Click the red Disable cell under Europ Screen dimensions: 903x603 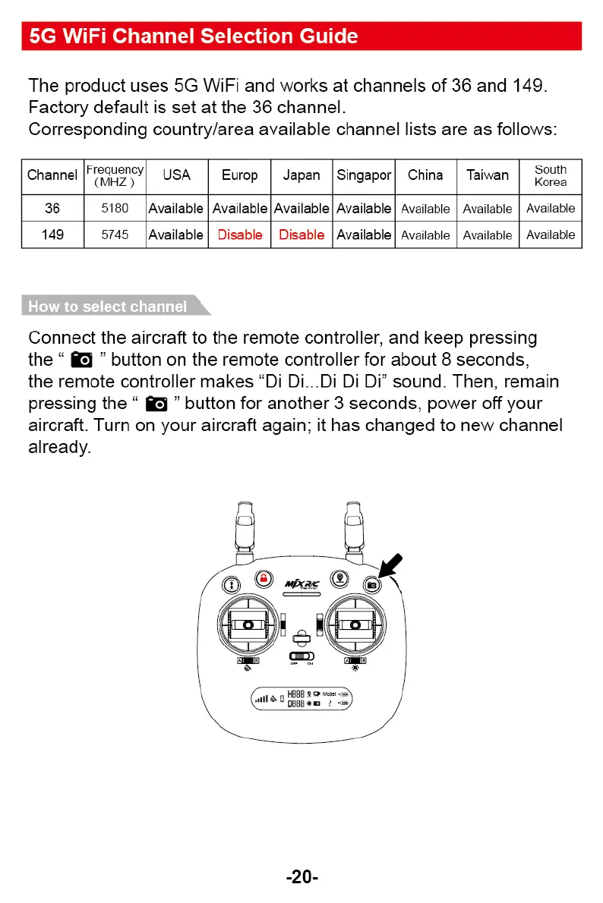[x=239, y=235]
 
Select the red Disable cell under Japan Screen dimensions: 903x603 [x=301, y=235]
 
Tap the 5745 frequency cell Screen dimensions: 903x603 [x=115, y=235]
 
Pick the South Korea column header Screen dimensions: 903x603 [x=551, y=176]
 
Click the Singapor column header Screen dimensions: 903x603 [x=364, y=176]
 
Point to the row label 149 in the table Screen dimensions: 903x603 [x=52, y=235]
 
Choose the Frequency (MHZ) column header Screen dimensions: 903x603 [x=115, y=176]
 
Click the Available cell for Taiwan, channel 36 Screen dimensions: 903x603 [x=488, y=209]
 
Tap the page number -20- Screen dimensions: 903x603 [x=301, y=877]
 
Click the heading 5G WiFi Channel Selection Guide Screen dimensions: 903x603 [x=192, y=36]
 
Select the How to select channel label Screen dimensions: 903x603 [x=108, y=307]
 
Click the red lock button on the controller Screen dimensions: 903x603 [x=264, y=578]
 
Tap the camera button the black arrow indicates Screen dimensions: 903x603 [x=372, y=584]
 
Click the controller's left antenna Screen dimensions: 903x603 [x=245, y=531]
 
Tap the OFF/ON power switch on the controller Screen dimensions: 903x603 [x=301, y=656]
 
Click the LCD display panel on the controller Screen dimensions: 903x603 [x=301, y=699]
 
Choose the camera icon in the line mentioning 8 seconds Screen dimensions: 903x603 [x=81, y=360]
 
